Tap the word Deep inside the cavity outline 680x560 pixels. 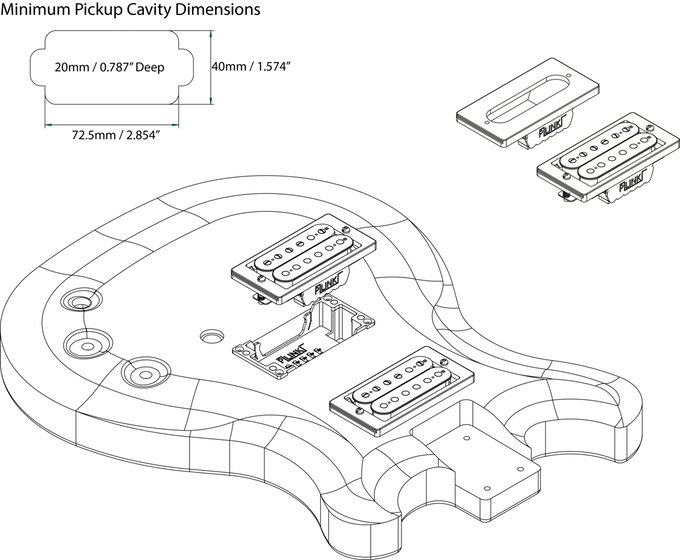tap(145, 68)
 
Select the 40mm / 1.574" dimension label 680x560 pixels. tap(250, 66)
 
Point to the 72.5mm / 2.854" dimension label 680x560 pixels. tap(117, 134)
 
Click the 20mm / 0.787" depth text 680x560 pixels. tap(90, 68)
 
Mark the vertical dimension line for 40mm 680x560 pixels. tap(210, 67)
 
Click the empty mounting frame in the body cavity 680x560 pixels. tap(300, 340)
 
